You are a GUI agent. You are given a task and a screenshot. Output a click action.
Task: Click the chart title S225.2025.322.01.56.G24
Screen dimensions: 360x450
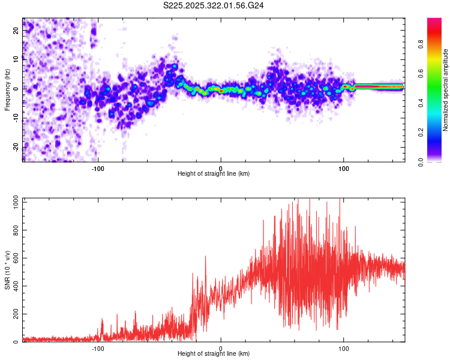(x=214, y=5)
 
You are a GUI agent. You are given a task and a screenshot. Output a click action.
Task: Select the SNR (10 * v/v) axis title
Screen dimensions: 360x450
(x=8, y=270)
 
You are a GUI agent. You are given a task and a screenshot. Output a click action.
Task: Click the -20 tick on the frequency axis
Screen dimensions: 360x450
(x=16, y=146)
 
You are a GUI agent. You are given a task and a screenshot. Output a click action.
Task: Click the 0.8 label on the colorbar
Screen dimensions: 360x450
(x=421, y=44)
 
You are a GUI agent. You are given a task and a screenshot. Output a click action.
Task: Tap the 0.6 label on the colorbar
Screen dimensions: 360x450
(x=421, y=73)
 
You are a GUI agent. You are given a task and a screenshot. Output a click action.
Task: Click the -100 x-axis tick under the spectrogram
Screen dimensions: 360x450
(x=98, y=168)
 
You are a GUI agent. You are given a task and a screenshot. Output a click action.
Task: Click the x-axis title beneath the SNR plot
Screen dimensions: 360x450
(x=214, y=354)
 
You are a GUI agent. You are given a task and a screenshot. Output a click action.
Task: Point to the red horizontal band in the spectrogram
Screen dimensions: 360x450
(x=378, y=86)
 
